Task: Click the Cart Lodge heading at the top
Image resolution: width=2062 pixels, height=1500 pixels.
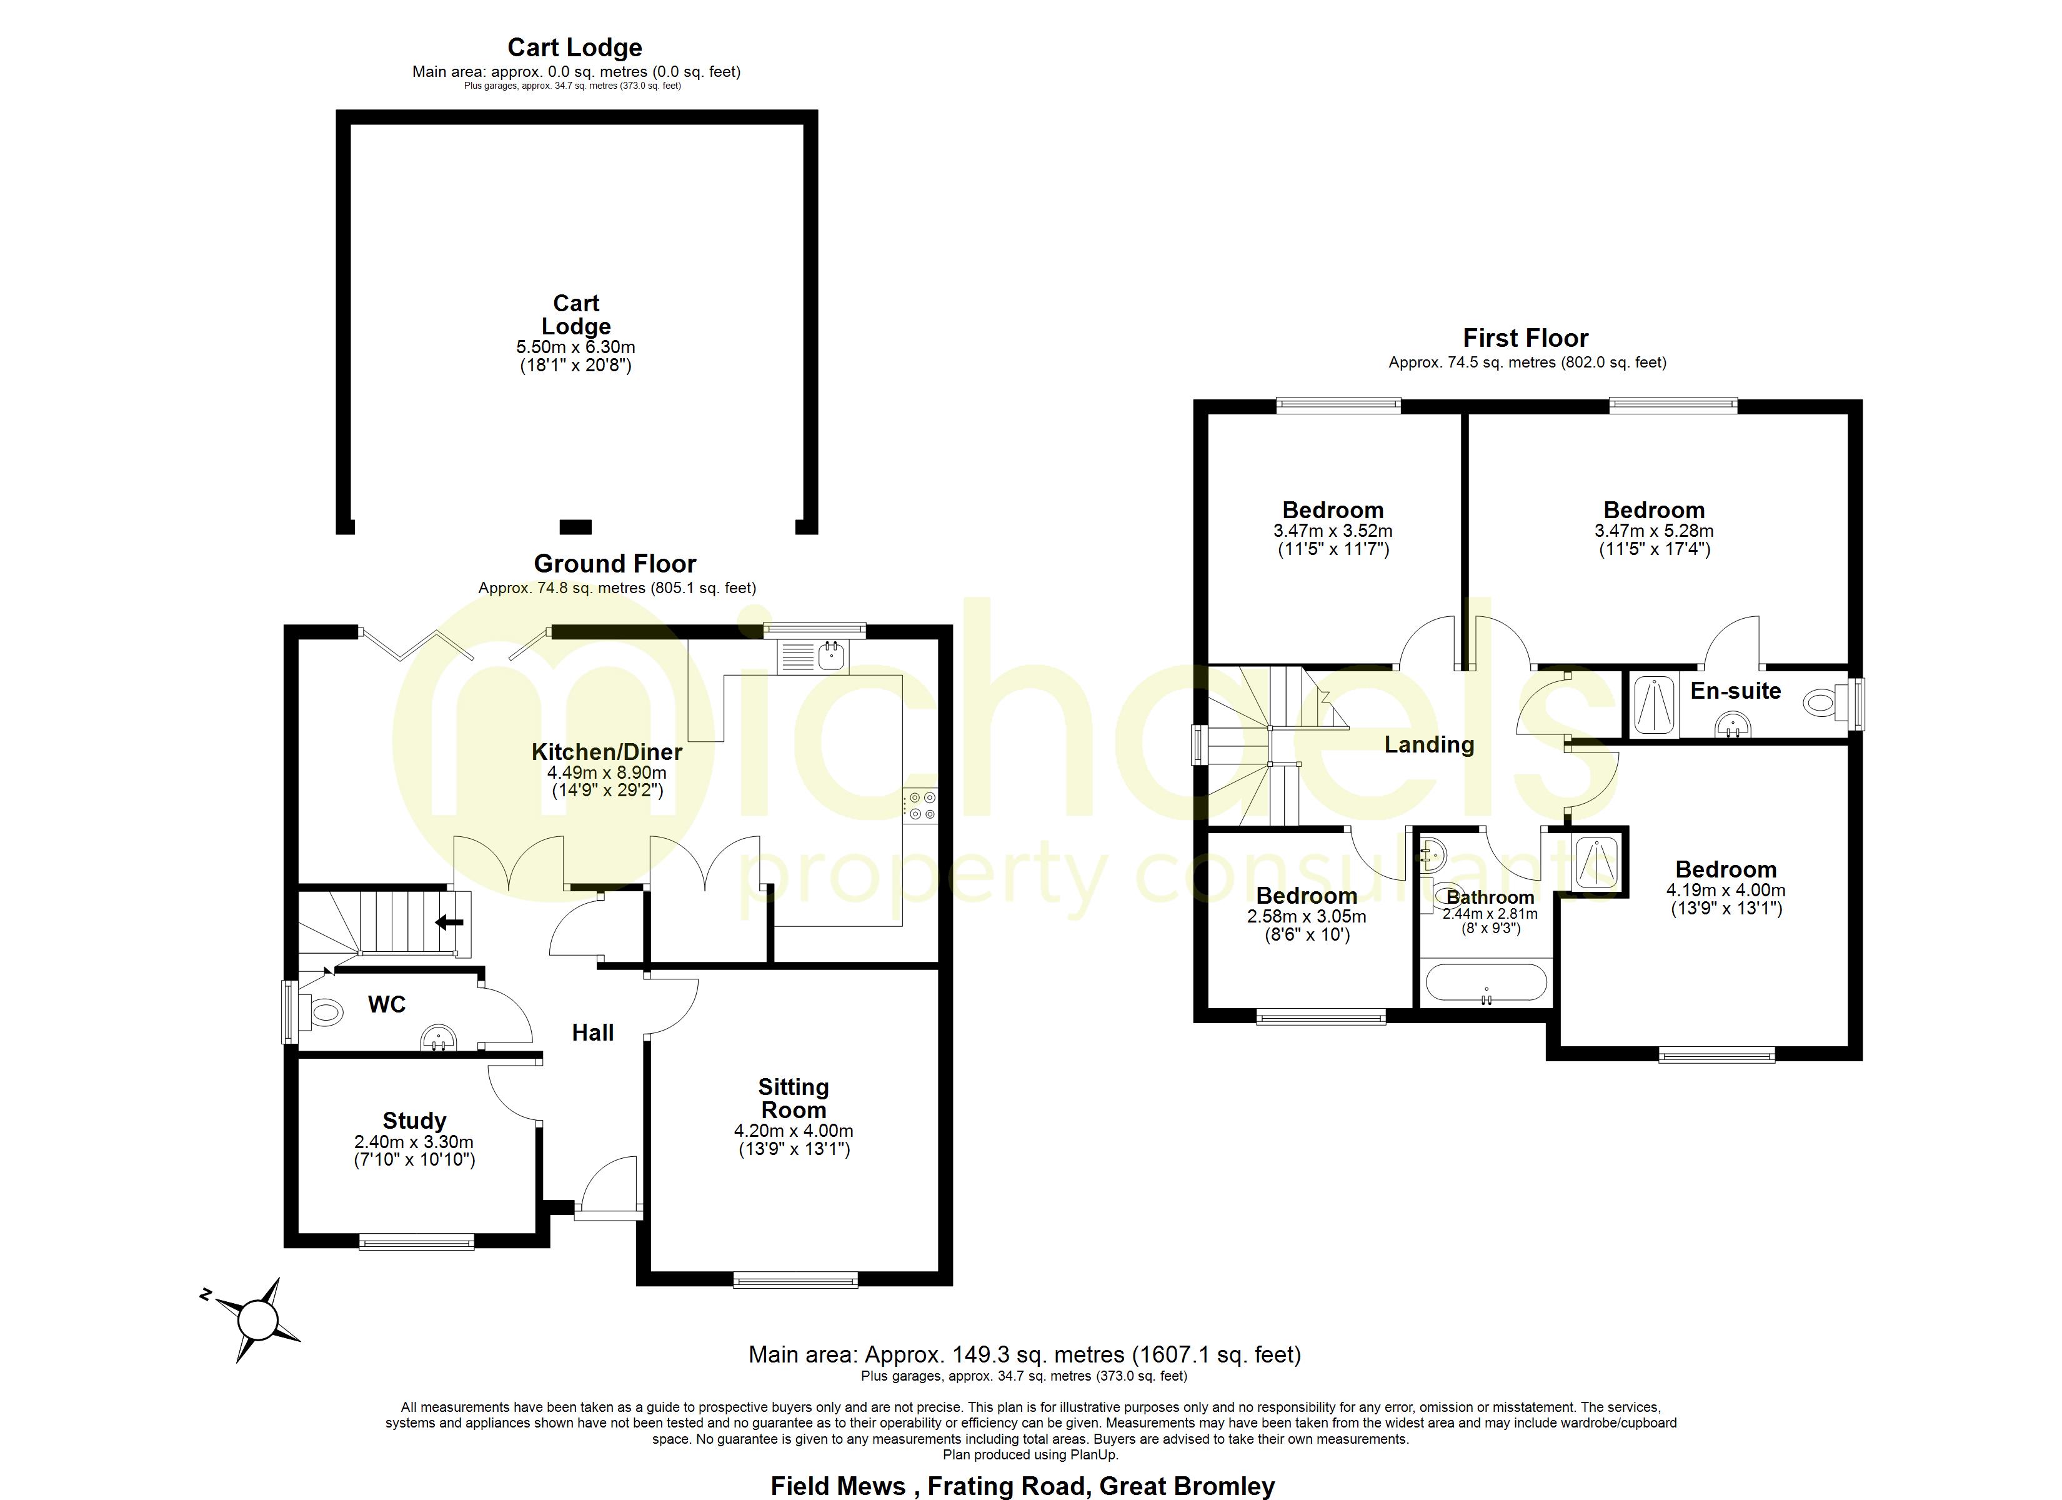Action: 575,47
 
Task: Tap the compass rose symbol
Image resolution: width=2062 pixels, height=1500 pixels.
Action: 257,1317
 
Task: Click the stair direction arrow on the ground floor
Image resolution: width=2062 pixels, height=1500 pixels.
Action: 449,922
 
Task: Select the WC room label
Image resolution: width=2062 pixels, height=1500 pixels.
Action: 386,1004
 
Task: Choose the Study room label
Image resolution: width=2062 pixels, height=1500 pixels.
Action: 414,1121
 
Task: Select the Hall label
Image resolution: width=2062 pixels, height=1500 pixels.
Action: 593,1032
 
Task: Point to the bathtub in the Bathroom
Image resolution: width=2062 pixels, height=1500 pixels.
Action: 1486,983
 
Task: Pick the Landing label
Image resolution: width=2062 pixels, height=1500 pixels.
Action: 1429,745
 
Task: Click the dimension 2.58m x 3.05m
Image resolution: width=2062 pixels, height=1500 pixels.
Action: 1307,917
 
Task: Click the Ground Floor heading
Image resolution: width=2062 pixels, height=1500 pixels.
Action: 615,564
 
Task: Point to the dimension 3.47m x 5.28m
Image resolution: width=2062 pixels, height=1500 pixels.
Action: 1654,531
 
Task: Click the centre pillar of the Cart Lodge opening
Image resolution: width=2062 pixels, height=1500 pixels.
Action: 575,527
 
